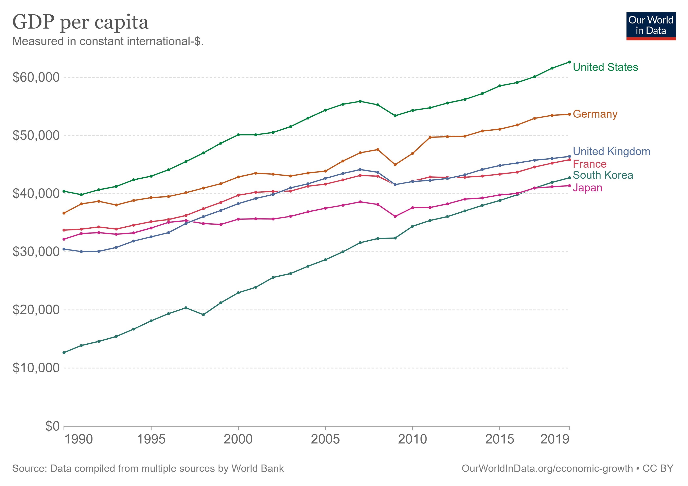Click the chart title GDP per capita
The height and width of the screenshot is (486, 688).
click(x=80, y=22)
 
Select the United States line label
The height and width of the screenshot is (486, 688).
click(x=605, y=67)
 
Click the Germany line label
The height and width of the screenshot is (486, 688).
click(x=595, y=114)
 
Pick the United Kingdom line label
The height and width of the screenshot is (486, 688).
click(x=611, y=151)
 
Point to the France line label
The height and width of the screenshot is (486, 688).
click(x=589, y=164)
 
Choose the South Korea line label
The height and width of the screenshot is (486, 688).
click(x=603, y=175)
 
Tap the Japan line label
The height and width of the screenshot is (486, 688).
click(x=587, y=188)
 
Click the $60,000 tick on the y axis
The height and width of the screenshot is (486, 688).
click(x=36, y=77)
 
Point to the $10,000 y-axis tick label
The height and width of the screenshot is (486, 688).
click(x=36, y=368)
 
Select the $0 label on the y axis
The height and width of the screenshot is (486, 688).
click(x=52, y=426)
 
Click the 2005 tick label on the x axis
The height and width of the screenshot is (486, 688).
click(x=325, y=439)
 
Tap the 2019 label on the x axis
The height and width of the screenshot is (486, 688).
click(x=554, y=439)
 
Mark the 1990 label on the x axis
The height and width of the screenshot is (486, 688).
click(x=79, y=439)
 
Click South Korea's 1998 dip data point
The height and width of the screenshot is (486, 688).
click(x=203, y=315)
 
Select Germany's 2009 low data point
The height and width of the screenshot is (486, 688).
click(x=395, y=165)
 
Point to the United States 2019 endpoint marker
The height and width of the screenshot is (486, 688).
click(x=569, y=62)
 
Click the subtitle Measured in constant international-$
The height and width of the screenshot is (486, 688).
click(x=108, y=41)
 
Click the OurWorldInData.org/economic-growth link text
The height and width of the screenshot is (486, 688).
click(x=547, y=468)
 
